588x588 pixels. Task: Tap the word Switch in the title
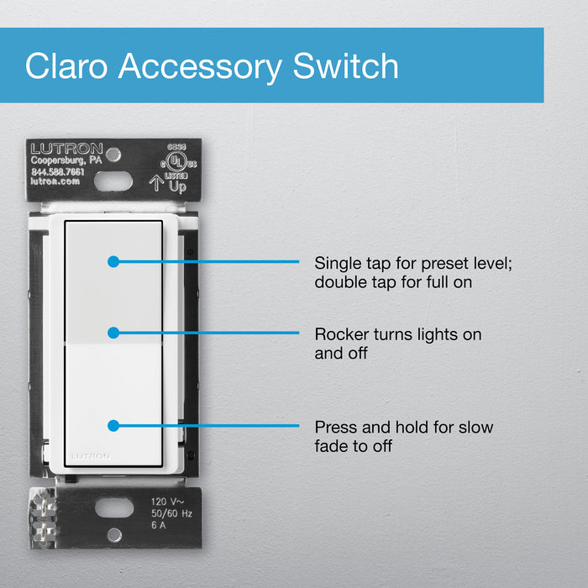[345, 66]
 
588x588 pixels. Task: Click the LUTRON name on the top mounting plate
[66, 148]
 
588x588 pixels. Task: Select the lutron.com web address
[55, 181]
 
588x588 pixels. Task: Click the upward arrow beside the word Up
[155, 183]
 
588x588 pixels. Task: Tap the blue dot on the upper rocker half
[113, 262]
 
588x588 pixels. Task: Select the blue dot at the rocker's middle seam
[113, 333]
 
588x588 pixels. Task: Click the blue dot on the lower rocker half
[113, 426]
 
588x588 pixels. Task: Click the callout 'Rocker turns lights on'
[398, 334]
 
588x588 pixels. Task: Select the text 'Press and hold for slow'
[404, 427]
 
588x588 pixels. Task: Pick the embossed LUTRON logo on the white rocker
[90, 456]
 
